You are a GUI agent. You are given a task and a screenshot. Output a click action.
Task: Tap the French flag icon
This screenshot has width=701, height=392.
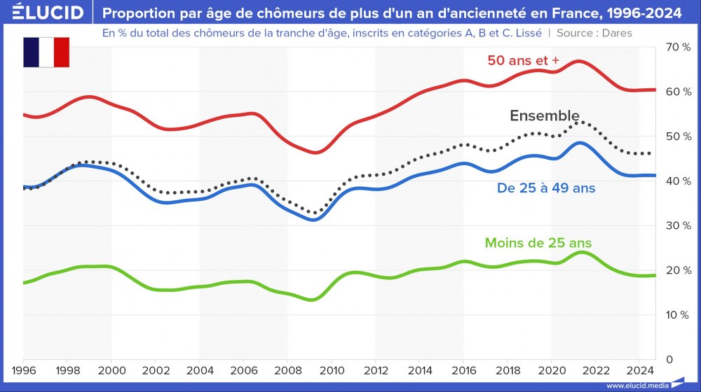point(46,52)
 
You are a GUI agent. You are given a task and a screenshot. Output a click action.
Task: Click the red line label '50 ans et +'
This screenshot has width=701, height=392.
point(523,60)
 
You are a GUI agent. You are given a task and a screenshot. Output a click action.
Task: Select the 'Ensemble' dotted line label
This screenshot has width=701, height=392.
point(544,115)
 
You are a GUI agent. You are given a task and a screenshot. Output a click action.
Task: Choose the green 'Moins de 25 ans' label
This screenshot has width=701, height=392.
point(538,243)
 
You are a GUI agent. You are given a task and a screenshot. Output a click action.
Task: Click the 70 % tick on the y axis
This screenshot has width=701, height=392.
point(678,47)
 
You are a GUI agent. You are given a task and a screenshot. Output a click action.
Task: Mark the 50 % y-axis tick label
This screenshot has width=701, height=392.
point(678,136)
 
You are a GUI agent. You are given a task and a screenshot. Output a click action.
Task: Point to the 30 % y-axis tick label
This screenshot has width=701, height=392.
point(678,225)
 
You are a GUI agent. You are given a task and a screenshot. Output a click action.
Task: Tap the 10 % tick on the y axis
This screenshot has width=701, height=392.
point(678,315)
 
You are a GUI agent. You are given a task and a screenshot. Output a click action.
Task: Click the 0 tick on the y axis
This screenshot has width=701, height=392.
point(669,359)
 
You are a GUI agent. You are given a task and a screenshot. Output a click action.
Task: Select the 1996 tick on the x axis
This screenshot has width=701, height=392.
point(24,370)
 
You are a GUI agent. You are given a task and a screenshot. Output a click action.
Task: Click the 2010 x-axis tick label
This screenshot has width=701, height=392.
point(332,370)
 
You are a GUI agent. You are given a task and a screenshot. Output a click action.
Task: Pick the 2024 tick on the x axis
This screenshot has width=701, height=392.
point(639,370)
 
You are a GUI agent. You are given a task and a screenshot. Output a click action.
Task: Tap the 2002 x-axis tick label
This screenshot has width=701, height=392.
point(156,370)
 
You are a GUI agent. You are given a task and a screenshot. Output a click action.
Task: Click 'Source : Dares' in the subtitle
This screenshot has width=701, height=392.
point(594,33)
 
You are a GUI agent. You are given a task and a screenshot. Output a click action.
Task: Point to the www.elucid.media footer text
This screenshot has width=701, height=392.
point(637,386)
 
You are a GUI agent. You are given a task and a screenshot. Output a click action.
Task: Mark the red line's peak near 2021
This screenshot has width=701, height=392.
point(579,62)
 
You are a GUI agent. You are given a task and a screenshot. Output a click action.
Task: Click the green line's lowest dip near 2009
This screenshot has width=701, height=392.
point(313,300)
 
